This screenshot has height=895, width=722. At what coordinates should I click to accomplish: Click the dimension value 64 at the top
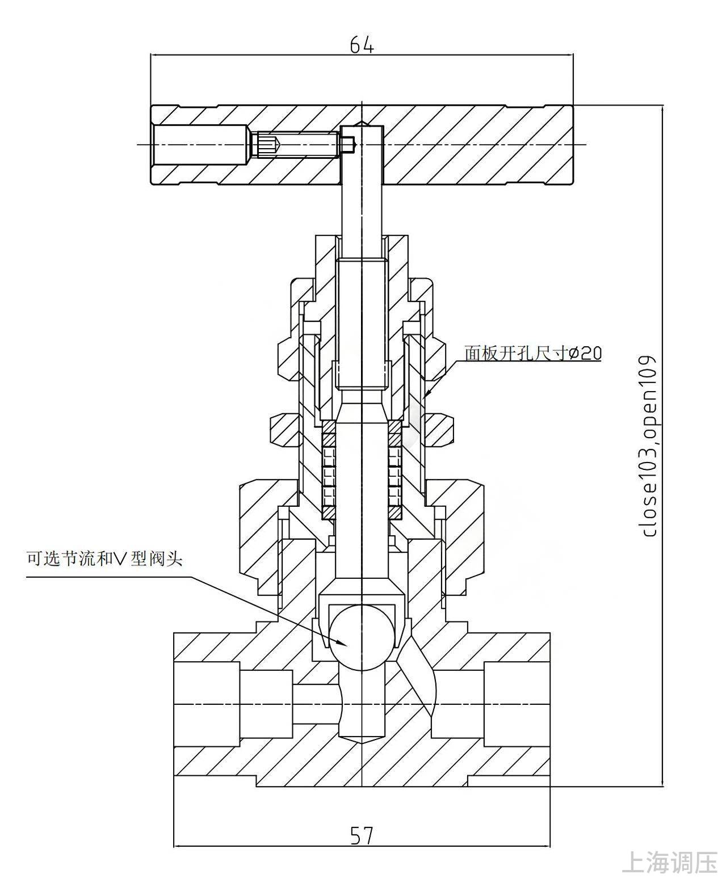tap(362, 45)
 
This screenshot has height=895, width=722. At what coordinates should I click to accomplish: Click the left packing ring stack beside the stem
tap(329, 470)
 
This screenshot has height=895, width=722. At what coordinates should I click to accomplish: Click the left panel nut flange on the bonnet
tap(285, 430)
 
